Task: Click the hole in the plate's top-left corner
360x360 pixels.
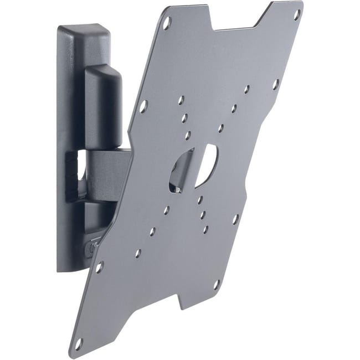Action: (x=167, y=23)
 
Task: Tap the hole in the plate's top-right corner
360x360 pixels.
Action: (x=297, y=14)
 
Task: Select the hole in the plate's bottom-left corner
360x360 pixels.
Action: (x=78, y=343)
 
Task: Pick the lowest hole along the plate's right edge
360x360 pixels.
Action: (x=217, y=285)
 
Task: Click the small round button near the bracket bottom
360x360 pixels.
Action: (x=89, y=249)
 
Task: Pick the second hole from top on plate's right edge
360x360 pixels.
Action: (x=275, y=85)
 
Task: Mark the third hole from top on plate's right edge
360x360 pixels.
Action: (x=235, y=219)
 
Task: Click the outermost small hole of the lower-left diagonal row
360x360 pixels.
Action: (x=138, y=253)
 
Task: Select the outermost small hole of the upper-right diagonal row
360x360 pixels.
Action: (x=246, y=89)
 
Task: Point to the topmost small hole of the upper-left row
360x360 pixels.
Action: (x=181, y=100)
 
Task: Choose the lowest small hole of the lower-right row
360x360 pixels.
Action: (x=205, y=229)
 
